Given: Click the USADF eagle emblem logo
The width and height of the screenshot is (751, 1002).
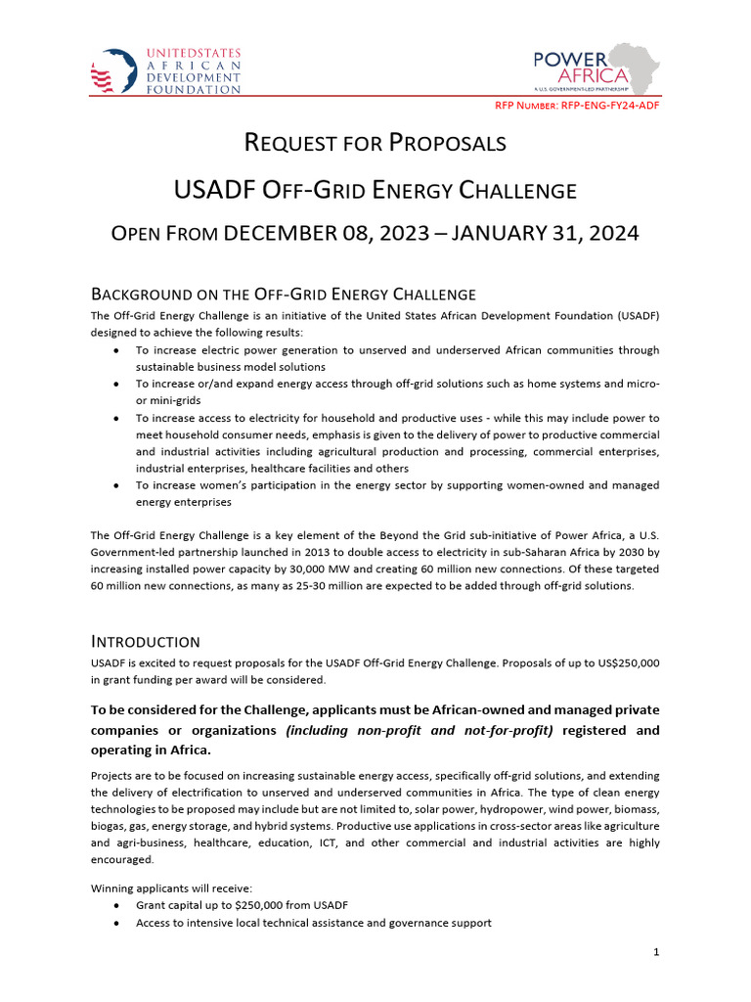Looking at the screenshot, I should tap(112, 70).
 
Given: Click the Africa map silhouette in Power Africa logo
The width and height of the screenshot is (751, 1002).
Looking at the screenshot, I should tap(637, 66).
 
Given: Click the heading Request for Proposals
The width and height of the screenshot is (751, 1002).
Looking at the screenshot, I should tap(375, 143).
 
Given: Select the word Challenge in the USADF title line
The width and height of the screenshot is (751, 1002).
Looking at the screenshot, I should tap(511, 189).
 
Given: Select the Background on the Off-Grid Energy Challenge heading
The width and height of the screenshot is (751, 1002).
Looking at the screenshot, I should tap(284, 294).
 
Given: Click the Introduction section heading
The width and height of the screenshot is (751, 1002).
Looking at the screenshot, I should tap(146, 642).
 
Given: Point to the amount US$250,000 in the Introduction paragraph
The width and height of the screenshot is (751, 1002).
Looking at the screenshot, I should tap(621, 662).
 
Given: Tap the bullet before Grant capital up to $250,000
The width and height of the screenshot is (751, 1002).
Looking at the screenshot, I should tap(117, 906).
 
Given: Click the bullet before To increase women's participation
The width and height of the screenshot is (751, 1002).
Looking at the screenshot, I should tap(117, 485).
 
